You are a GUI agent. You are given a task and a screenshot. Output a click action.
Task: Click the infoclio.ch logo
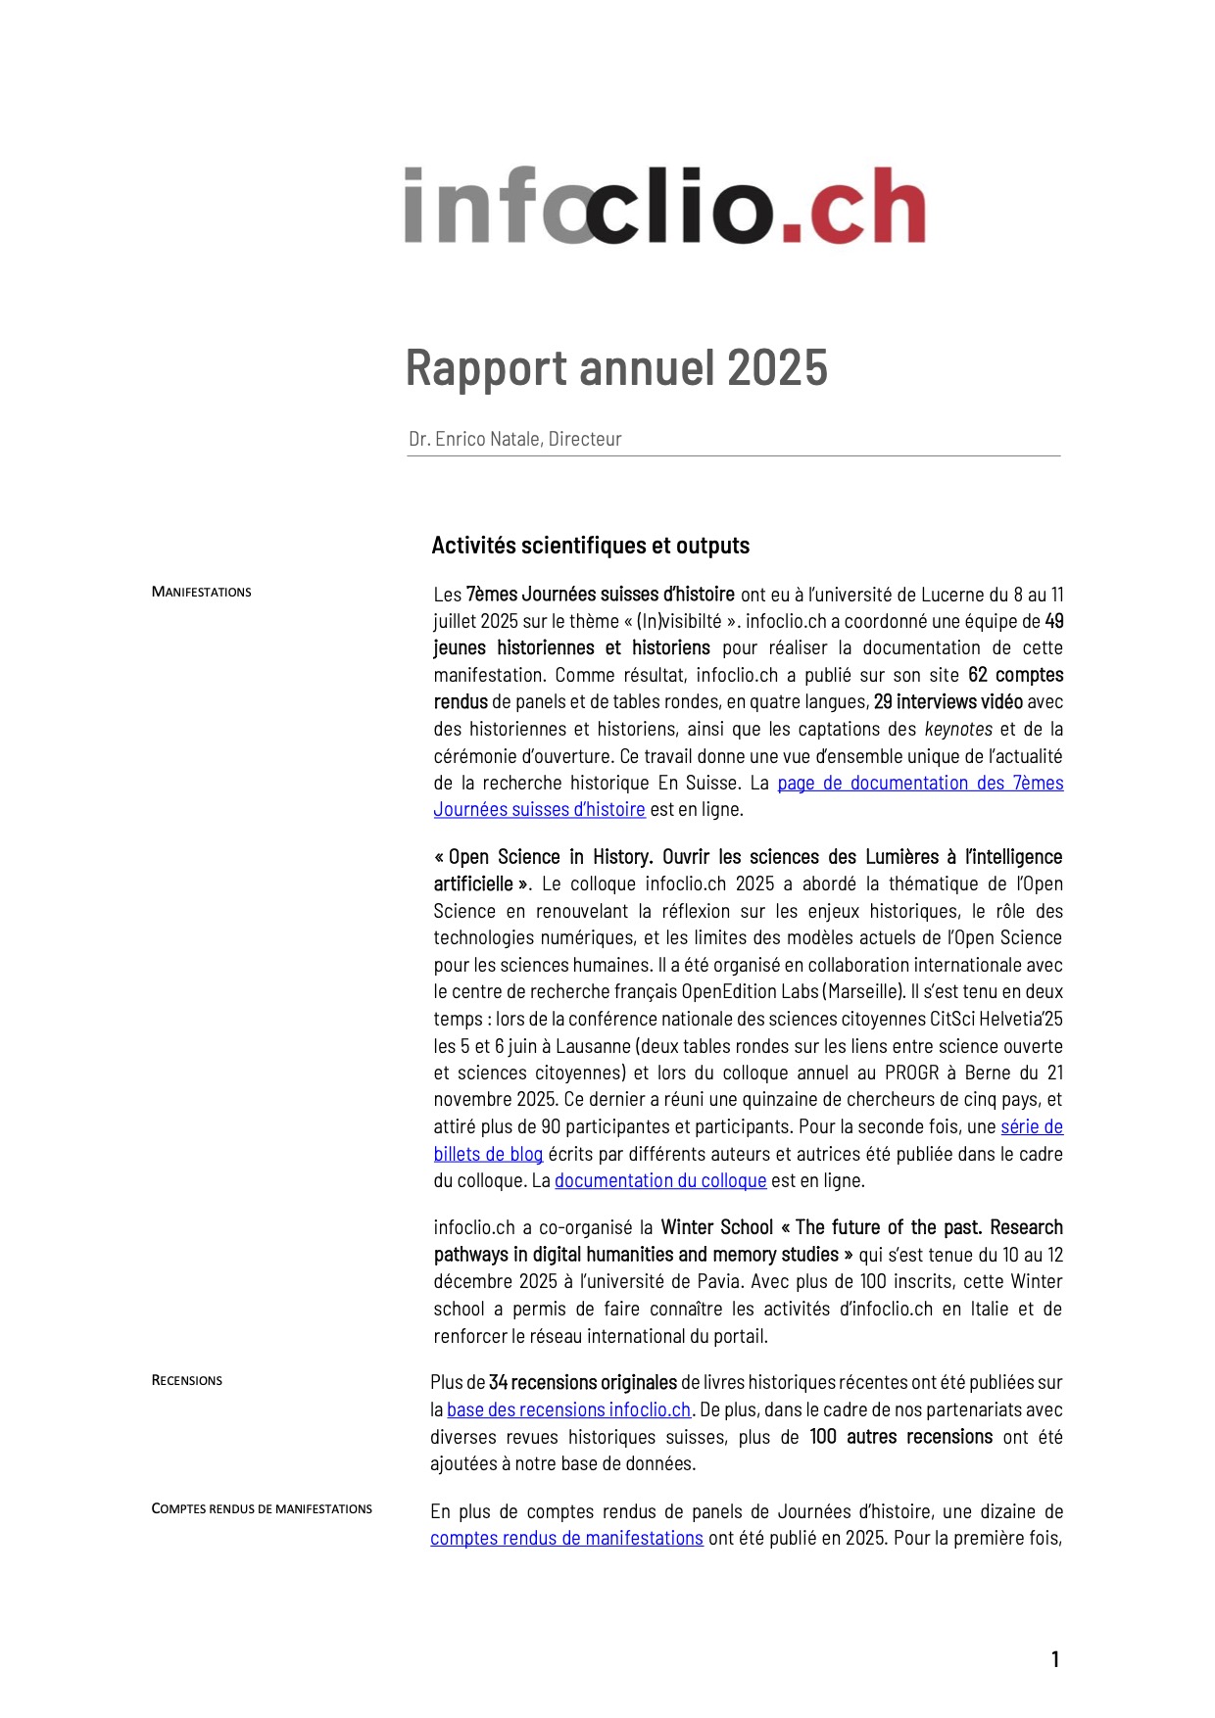click(x=665, y=206)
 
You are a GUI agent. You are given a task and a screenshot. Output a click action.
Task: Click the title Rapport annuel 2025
click(x=616, y=368)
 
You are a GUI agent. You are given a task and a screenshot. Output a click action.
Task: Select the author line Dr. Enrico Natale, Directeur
click(x=515, y=439)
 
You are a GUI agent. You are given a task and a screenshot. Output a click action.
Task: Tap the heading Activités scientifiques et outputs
click(x=590, y=546)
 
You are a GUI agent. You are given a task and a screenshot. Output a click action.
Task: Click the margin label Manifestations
click(x=201, y=592)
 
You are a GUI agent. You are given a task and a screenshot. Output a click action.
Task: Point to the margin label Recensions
click(x=186, y=1380)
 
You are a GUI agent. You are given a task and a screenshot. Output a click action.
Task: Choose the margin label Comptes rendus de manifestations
click(x=262, y=1508)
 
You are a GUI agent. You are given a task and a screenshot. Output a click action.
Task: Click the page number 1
click(x=1055, y=1659)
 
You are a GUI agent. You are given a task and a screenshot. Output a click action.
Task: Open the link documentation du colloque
click(x=660, y=1180)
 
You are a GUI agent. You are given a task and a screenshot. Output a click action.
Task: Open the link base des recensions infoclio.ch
click(x=568, y=1409)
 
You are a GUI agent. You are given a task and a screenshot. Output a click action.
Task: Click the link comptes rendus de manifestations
click(x=566, y=1538)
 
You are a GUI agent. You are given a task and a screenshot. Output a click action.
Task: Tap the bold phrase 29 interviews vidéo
click(x=948, y=701)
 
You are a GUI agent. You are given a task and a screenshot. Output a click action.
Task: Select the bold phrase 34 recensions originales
click(x=583, y=1382)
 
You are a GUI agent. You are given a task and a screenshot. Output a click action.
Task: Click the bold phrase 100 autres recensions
click(x=900, y=1437)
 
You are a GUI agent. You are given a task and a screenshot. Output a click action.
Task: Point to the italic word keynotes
click(x=958, y=729)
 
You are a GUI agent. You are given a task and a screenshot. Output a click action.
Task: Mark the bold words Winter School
click(x=716, y=1227)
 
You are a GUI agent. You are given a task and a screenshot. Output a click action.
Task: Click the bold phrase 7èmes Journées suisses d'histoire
click(x=600, y=595)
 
